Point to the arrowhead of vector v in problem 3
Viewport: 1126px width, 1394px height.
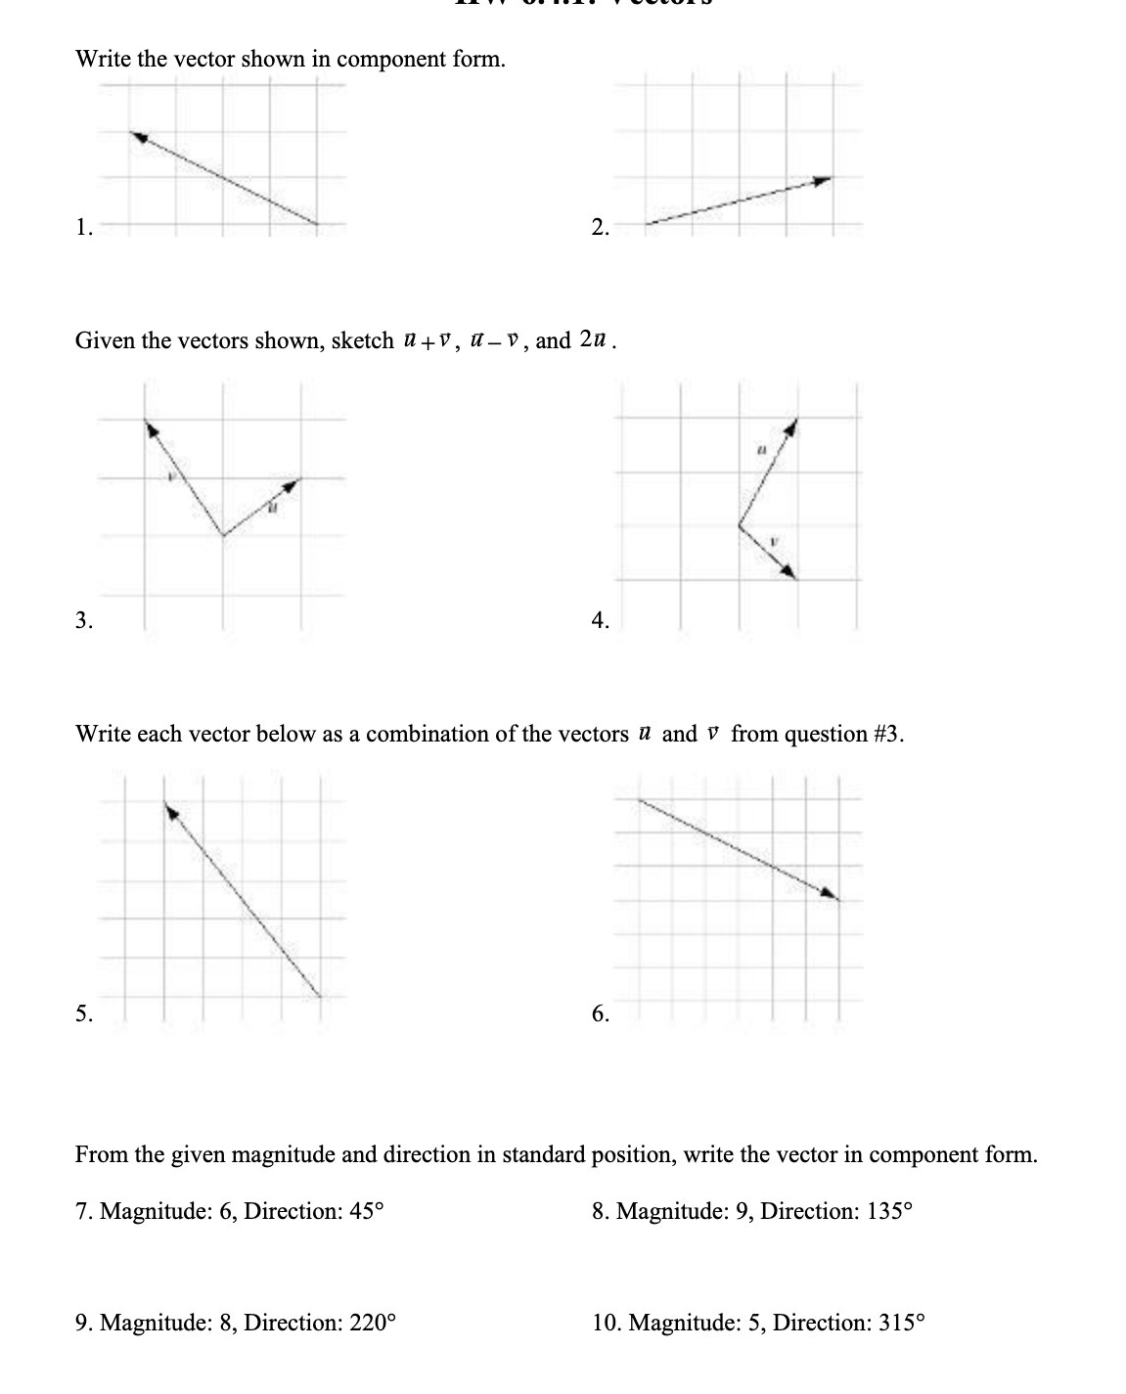149,427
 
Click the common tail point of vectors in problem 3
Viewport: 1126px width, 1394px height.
224,535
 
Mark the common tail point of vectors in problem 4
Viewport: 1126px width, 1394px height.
739,525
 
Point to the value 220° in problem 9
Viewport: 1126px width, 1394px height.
373,1323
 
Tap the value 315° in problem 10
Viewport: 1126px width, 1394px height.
901,1323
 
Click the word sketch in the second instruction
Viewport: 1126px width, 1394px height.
362,340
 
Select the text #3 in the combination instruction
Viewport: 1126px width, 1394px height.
886,734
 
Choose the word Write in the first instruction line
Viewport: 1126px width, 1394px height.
103,59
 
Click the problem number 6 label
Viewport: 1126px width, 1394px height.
601,1013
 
